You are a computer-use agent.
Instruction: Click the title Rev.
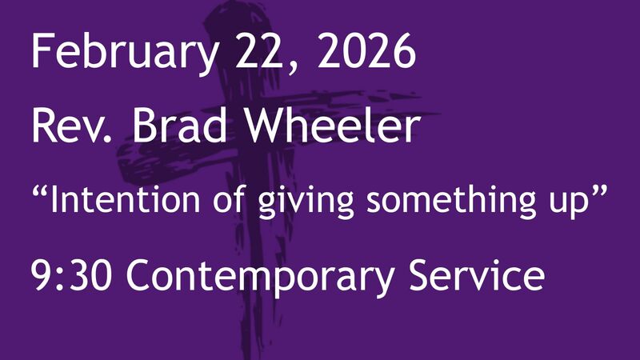click(67, 126)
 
